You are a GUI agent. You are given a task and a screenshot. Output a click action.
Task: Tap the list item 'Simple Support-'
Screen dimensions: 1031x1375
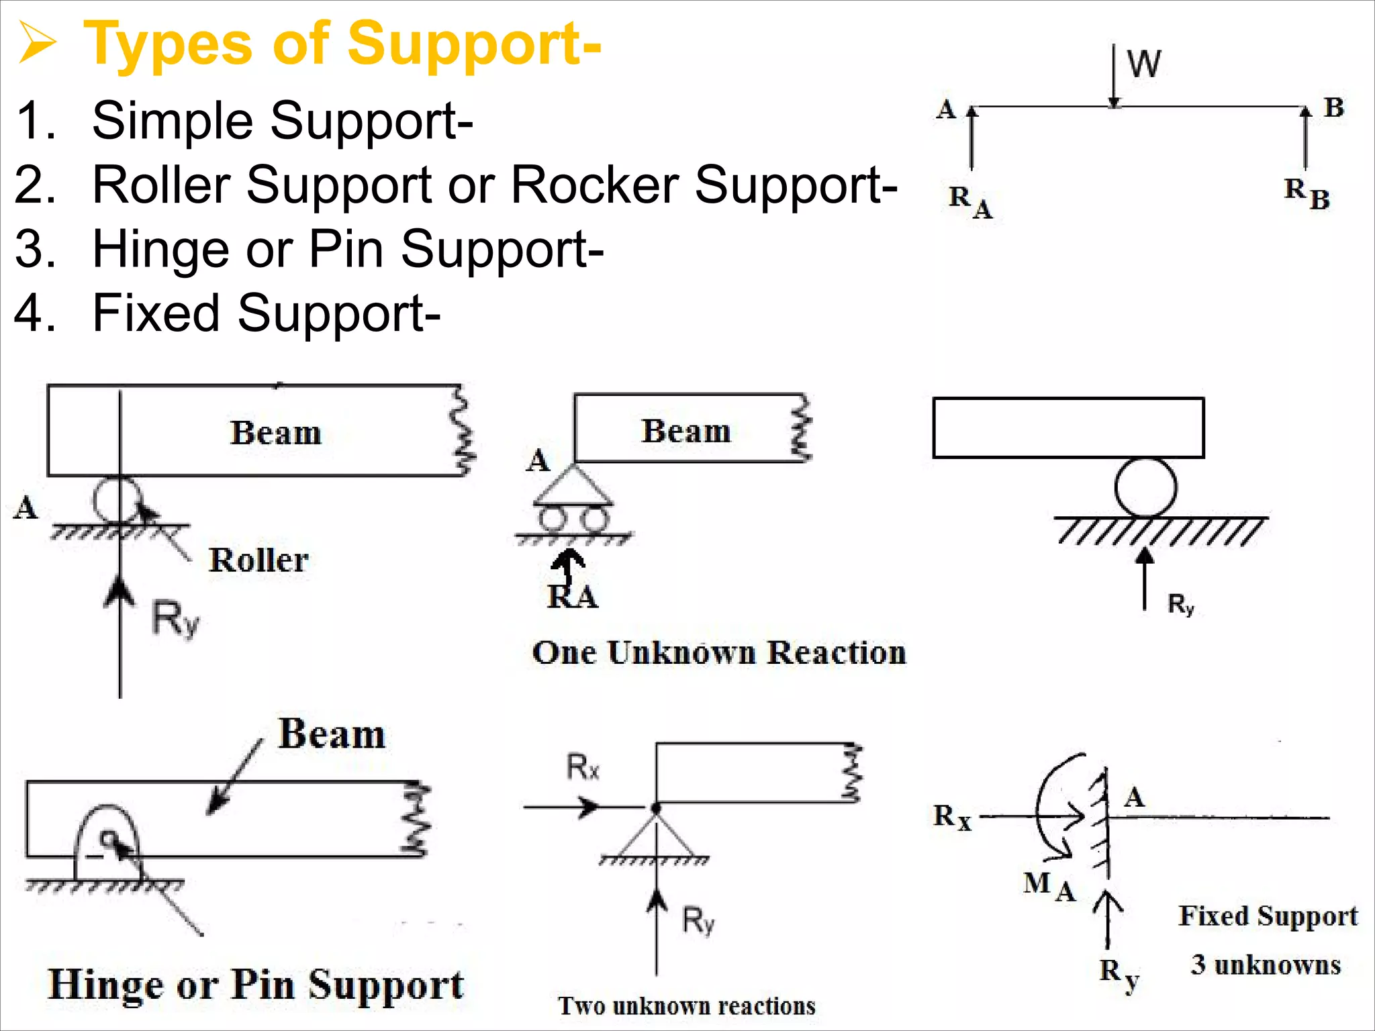point(282,121)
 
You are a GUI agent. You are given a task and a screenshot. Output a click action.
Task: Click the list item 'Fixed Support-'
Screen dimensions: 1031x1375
point(266,313)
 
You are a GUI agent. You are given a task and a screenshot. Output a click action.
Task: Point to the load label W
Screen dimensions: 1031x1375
point(1143,64)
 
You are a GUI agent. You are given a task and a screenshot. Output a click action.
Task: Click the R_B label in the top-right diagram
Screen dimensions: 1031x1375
point(1307,194)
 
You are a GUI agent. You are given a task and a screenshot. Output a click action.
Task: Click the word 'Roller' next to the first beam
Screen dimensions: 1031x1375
point(258,560)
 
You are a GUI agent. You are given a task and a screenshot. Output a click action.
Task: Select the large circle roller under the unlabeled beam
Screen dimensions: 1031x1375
point(1145,487)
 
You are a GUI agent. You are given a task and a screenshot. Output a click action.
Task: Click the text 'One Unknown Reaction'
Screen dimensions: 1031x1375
point(719,652)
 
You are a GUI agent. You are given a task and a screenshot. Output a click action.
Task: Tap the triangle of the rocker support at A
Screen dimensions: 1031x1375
point(573,486)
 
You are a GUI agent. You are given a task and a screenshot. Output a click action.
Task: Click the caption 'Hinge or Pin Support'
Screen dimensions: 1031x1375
point(256,986)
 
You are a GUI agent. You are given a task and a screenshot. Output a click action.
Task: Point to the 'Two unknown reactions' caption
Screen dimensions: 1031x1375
point(687,1005)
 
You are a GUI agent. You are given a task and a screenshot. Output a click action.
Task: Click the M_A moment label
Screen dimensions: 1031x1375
point(1049,885)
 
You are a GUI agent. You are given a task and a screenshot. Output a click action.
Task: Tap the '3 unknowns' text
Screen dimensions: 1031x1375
point(1266,965)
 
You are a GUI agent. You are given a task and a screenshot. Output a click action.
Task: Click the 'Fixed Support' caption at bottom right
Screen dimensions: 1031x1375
point(1268,916)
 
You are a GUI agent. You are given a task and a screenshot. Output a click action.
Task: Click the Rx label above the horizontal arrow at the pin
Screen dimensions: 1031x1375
point(582,767)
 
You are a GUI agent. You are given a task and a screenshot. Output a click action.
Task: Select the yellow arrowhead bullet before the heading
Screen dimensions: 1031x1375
point(36,43)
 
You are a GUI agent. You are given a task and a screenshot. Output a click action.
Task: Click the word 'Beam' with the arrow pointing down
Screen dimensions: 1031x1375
point(332,734)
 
